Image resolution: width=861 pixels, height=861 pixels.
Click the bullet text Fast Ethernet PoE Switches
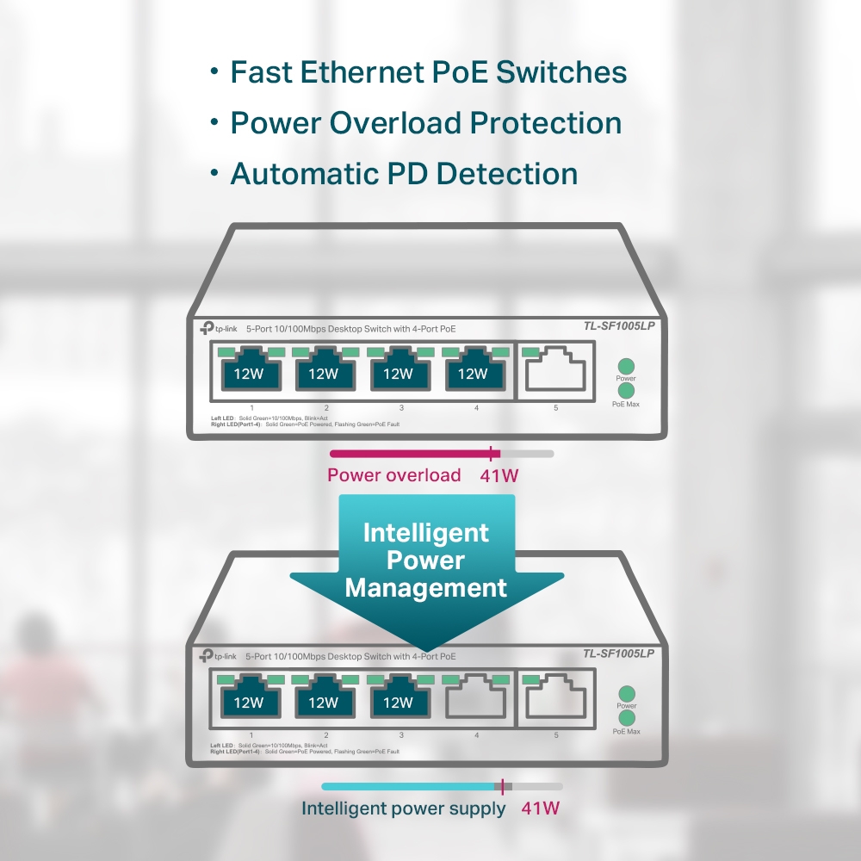(x=428, y=72)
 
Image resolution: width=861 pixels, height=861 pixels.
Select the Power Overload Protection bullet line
(x=425, y=123)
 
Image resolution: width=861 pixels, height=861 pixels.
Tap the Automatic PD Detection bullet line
(x=404, y=174)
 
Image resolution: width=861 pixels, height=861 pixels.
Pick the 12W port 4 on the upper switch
(x=473, y=371)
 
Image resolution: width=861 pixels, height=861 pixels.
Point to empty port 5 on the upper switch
(x=555, y=371)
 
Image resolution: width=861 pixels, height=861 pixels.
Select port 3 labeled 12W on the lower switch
(x=398, y=700)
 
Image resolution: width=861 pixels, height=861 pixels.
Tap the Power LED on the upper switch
(x=626, y=365)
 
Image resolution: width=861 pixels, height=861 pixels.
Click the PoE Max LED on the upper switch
(x=626, y=391)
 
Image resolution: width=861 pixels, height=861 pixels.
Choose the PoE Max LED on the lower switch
(x=626, y=718)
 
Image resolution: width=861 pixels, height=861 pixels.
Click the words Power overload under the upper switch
(x=393, y=475)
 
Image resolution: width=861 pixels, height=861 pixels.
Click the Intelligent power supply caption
(x=403, y=808)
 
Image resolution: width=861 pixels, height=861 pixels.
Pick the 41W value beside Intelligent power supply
(x=541, y=808)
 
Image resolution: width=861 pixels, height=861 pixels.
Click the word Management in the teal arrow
(x=425, y=588)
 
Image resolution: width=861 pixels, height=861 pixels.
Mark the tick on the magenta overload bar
(x=491, y=454)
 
